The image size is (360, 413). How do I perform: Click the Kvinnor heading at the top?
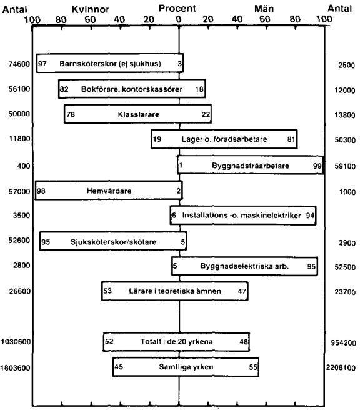pyautogui.click(x=91, y=9)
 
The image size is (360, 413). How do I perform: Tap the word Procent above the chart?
pyautogui.click(x=177, y=8)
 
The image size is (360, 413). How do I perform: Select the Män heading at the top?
pyautogui.click(x=264, y=9)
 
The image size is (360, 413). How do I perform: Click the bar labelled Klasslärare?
pyautogui.click(x=138, y=114)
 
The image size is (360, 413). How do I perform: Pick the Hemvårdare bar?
pyautogui.click(x=109, y=190)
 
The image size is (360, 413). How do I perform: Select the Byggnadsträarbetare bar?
pyautogui.click(x=251, y=165)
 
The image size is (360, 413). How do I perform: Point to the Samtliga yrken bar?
pyautogui.click(x=186, y=367)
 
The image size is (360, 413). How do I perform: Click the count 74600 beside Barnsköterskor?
pyautogui.click(x=19, y=64)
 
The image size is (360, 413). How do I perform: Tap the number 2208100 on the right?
pyautogui.click(x=341, y=367)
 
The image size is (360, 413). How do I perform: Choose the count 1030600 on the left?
pyautogui.click(x=16, y=342)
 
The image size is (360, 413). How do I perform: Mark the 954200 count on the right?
pyautogui.click(x=343, y=342)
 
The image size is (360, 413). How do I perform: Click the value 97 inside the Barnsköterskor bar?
pyautogui.click(x=42, y=64)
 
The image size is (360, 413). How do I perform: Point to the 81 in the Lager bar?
pyautogui.click(x=291, y=139)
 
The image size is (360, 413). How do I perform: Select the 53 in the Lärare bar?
pyautogui.click(x=107, y=291)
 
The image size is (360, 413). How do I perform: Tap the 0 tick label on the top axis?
pyautogui.click(x=179, y=19)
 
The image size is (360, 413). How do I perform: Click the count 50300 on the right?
pyautogui.click(x=345, y=140)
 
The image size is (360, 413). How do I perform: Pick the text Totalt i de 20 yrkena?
pyautogui.click(x=177, y=341)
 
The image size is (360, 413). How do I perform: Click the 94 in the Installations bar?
pyautogui.click(x=310, y=216)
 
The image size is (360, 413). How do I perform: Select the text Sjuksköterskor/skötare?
pyautogui.click(x=113, y=242)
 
